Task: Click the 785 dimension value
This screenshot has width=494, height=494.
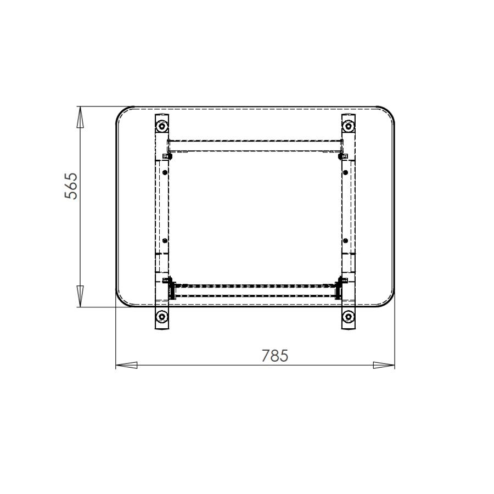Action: [274, 356]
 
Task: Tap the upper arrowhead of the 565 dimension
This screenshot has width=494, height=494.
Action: [80, 117]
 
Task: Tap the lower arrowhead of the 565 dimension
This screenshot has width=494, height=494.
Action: [80, 296]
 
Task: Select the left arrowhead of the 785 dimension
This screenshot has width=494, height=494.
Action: [126, 365]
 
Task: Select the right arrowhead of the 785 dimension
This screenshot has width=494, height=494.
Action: [384, 365]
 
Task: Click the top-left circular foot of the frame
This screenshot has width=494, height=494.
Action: [161, 127]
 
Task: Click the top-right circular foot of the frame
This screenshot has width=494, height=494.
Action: [348, 127]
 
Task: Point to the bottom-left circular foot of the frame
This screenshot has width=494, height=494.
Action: [161, 317]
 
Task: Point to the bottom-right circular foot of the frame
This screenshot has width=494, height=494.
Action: [348, 317]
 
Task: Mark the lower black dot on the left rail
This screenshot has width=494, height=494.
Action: [164, 240]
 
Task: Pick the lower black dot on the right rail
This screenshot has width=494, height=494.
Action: [345, 240]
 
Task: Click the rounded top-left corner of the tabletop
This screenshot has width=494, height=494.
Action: [122, 113]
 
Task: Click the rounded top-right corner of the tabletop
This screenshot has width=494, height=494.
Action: [389, 113]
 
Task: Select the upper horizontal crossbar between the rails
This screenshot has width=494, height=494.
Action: [255, 145]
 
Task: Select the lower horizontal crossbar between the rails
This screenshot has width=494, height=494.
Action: [255, 290]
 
